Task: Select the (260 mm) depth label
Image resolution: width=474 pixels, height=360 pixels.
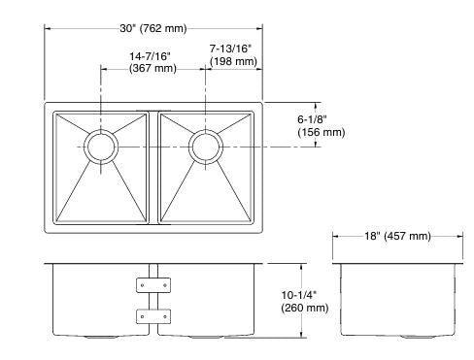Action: pos(304,308)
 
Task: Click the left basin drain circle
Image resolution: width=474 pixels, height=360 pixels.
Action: pos(99,147)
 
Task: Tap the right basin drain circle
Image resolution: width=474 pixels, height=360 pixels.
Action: pos(205,147)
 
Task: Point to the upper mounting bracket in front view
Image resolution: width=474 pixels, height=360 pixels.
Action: pos(152,284)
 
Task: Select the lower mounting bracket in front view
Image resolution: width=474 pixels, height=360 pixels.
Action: pos(152,315)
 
